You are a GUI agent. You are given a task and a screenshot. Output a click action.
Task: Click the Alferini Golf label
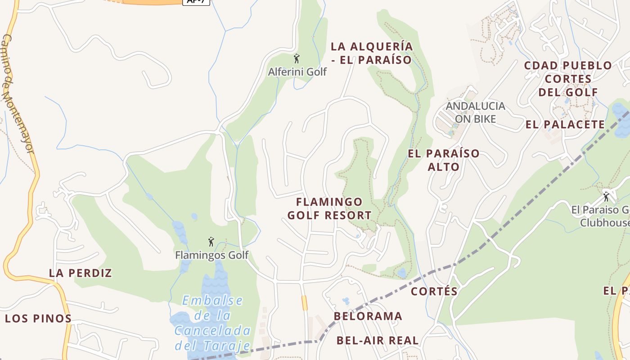297,72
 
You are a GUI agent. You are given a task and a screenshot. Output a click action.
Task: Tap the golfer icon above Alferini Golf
297,58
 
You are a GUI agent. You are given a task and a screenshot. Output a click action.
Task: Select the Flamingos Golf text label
211,255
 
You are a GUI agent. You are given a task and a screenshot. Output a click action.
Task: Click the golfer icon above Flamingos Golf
211,242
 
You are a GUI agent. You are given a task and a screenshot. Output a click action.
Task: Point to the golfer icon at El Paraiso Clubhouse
606,197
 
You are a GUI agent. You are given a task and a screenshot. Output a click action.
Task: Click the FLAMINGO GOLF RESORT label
329,208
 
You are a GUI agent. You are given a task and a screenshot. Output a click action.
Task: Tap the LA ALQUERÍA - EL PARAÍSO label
372,53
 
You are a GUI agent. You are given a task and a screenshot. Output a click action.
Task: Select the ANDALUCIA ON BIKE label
476,112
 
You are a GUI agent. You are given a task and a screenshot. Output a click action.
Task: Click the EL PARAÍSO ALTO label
444,160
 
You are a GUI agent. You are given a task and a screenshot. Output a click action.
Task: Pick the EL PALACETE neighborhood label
565,125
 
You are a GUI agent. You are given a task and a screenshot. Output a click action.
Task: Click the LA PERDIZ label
80,273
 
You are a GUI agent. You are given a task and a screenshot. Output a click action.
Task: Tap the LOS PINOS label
38,319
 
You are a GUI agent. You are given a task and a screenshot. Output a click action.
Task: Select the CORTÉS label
434,291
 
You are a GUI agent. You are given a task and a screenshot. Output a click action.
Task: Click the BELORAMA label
368,316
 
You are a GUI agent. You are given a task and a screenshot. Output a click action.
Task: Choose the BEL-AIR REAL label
378,340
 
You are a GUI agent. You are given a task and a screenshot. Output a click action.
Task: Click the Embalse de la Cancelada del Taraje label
212,323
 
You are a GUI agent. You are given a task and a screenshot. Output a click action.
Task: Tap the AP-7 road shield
196,1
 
